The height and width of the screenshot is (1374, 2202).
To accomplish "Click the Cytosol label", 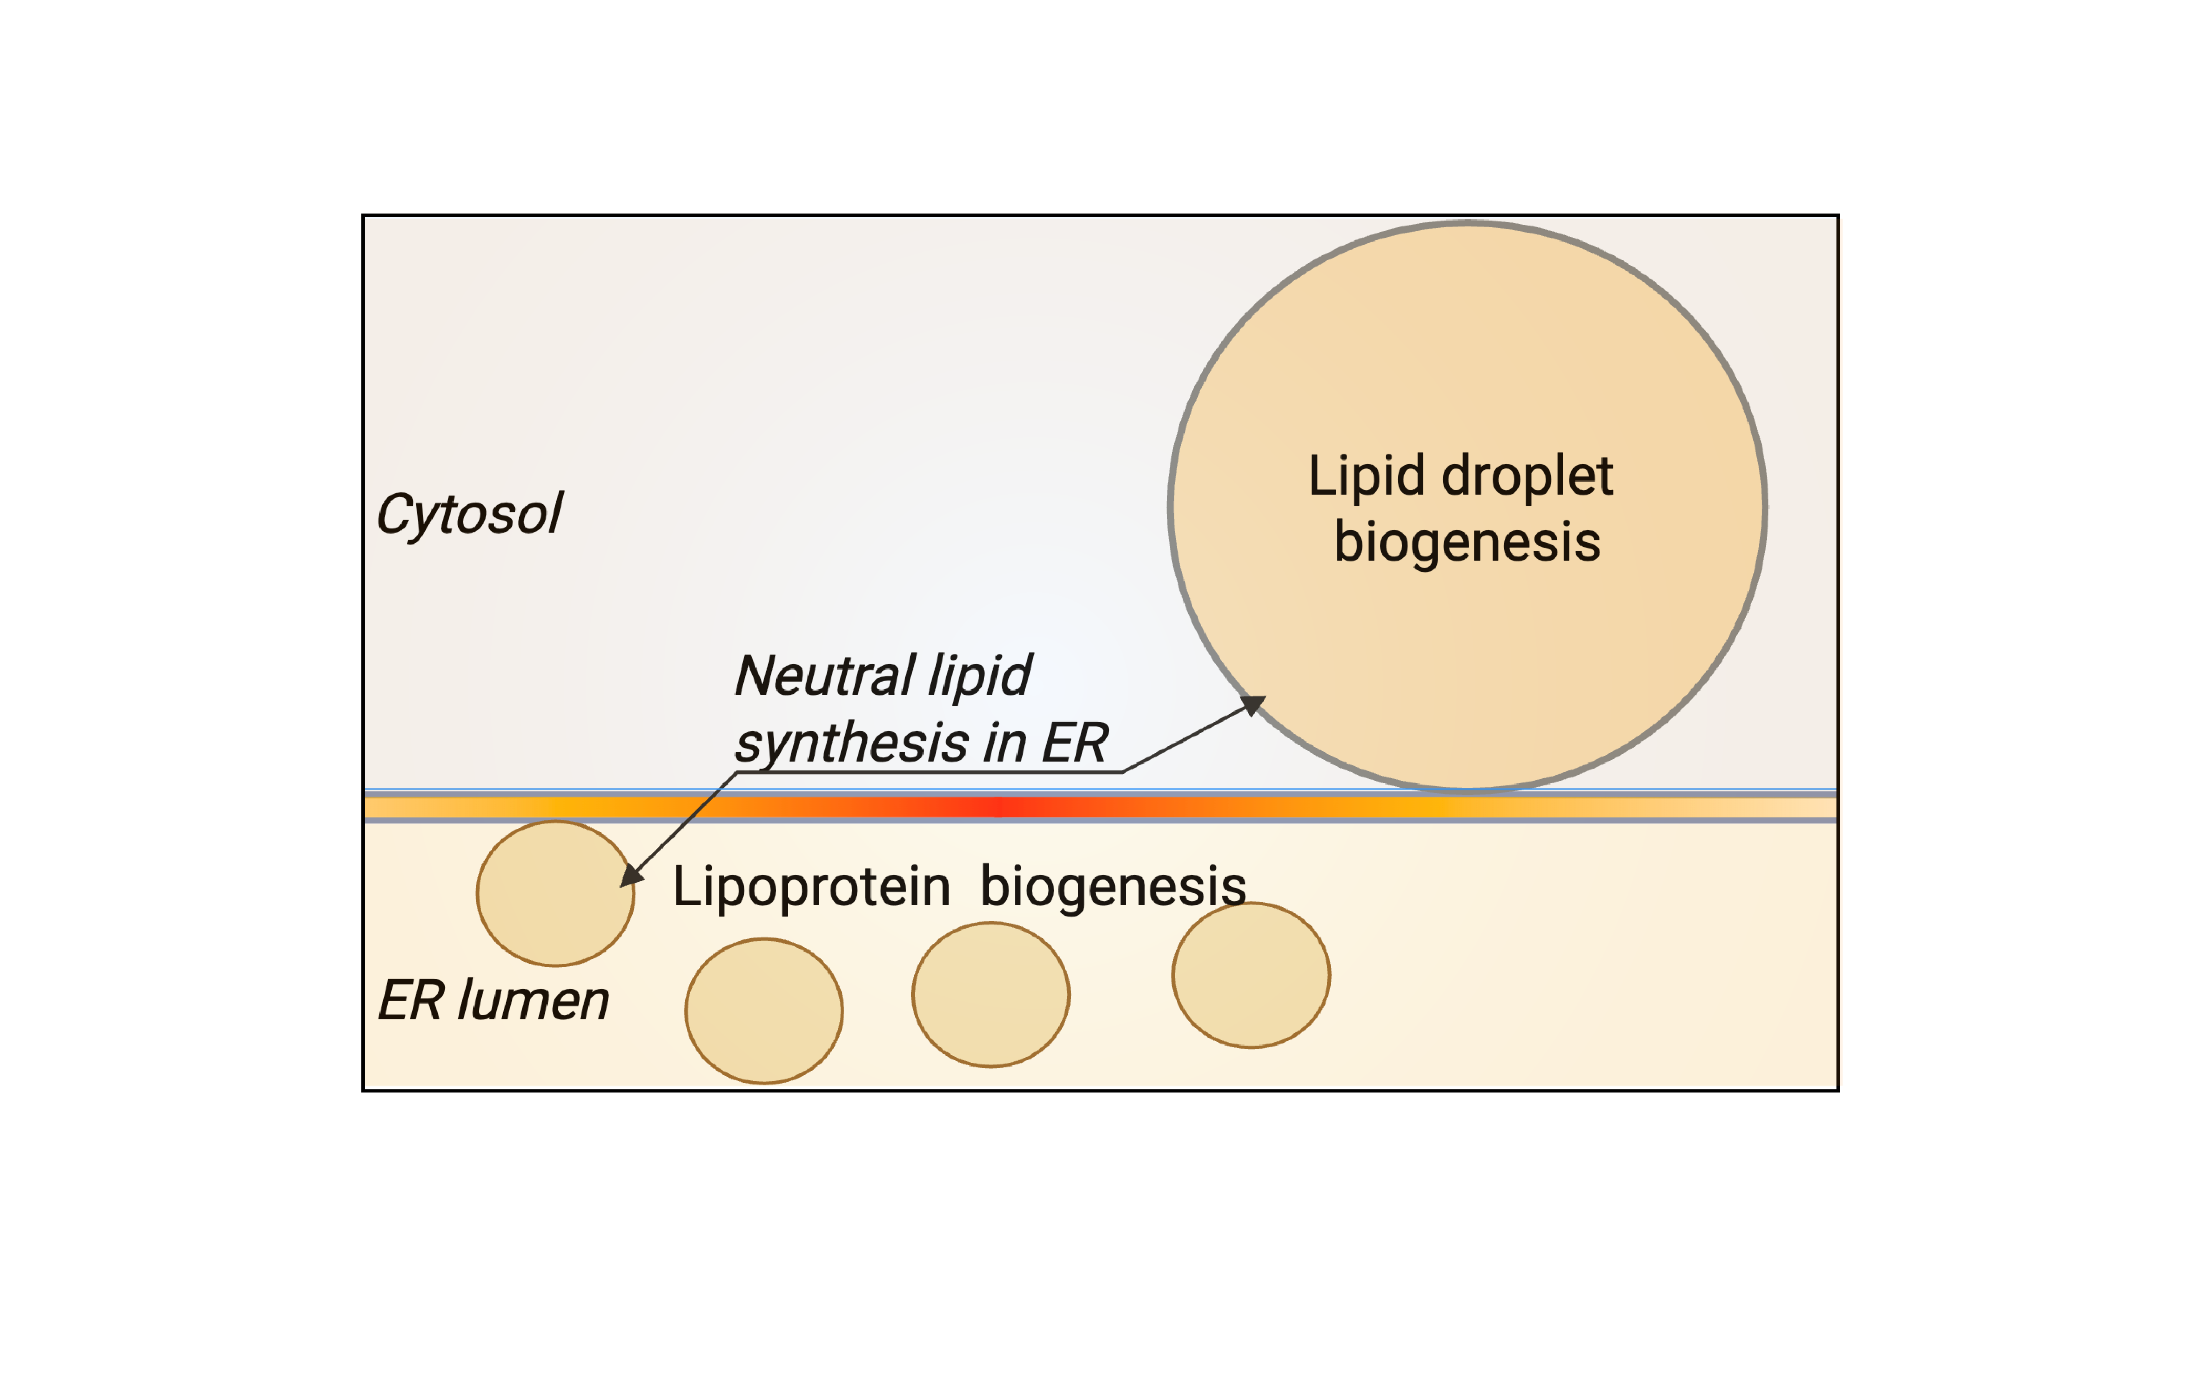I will pos(469,514).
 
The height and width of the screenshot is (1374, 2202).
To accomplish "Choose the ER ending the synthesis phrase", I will pos(1074,743).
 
